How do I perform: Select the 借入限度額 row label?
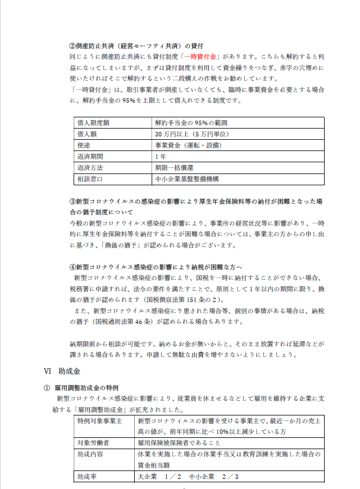tap(93, 123)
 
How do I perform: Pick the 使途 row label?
tap(84, 145)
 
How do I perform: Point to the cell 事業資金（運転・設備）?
tap(188, 145)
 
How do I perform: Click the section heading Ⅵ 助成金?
tap(62, 371)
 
